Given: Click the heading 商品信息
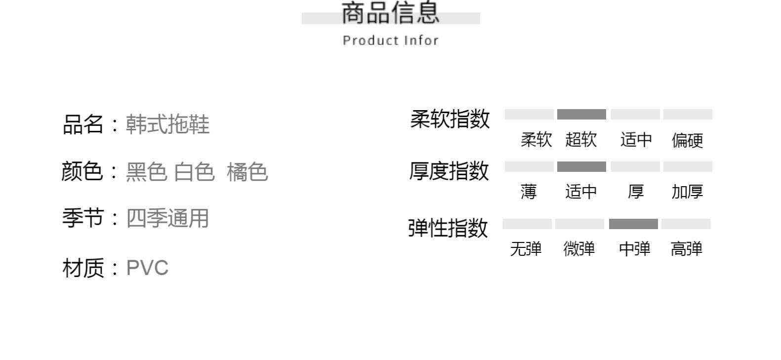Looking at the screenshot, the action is [x=390, y=13].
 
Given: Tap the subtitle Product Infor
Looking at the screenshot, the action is [x=390, y=40].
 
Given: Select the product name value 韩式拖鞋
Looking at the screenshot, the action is [x=167, y=124].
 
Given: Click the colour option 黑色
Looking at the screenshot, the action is [x=146, y=172].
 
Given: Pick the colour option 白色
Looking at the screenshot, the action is [x=195, y=172].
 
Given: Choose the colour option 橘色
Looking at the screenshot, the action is [x=247, y=172].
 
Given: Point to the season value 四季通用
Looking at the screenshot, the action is [x=167, y=218].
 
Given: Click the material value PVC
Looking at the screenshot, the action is [x=147, y=268].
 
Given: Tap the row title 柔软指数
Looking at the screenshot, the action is [x=450, y=119].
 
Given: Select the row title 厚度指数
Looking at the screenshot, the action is [x=449, y=171].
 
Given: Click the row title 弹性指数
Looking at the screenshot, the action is [x=448, y=228].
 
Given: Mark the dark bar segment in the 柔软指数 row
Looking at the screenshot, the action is [x=581, y=115].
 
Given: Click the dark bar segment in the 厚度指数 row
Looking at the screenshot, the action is [x=581, y=167].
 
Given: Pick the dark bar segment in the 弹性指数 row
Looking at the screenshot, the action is [x=633, y=224].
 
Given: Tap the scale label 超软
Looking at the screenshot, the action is [x=581, y=140].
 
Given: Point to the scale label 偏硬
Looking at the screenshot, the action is [x=687, y=140].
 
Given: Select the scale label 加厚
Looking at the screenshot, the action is [x=687, y=192].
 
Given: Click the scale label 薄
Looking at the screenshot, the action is [x=528, y=192].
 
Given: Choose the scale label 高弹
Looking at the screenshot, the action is [x=686, y=248].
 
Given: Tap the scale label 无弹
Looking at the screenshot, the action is [x=526, y=248].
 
